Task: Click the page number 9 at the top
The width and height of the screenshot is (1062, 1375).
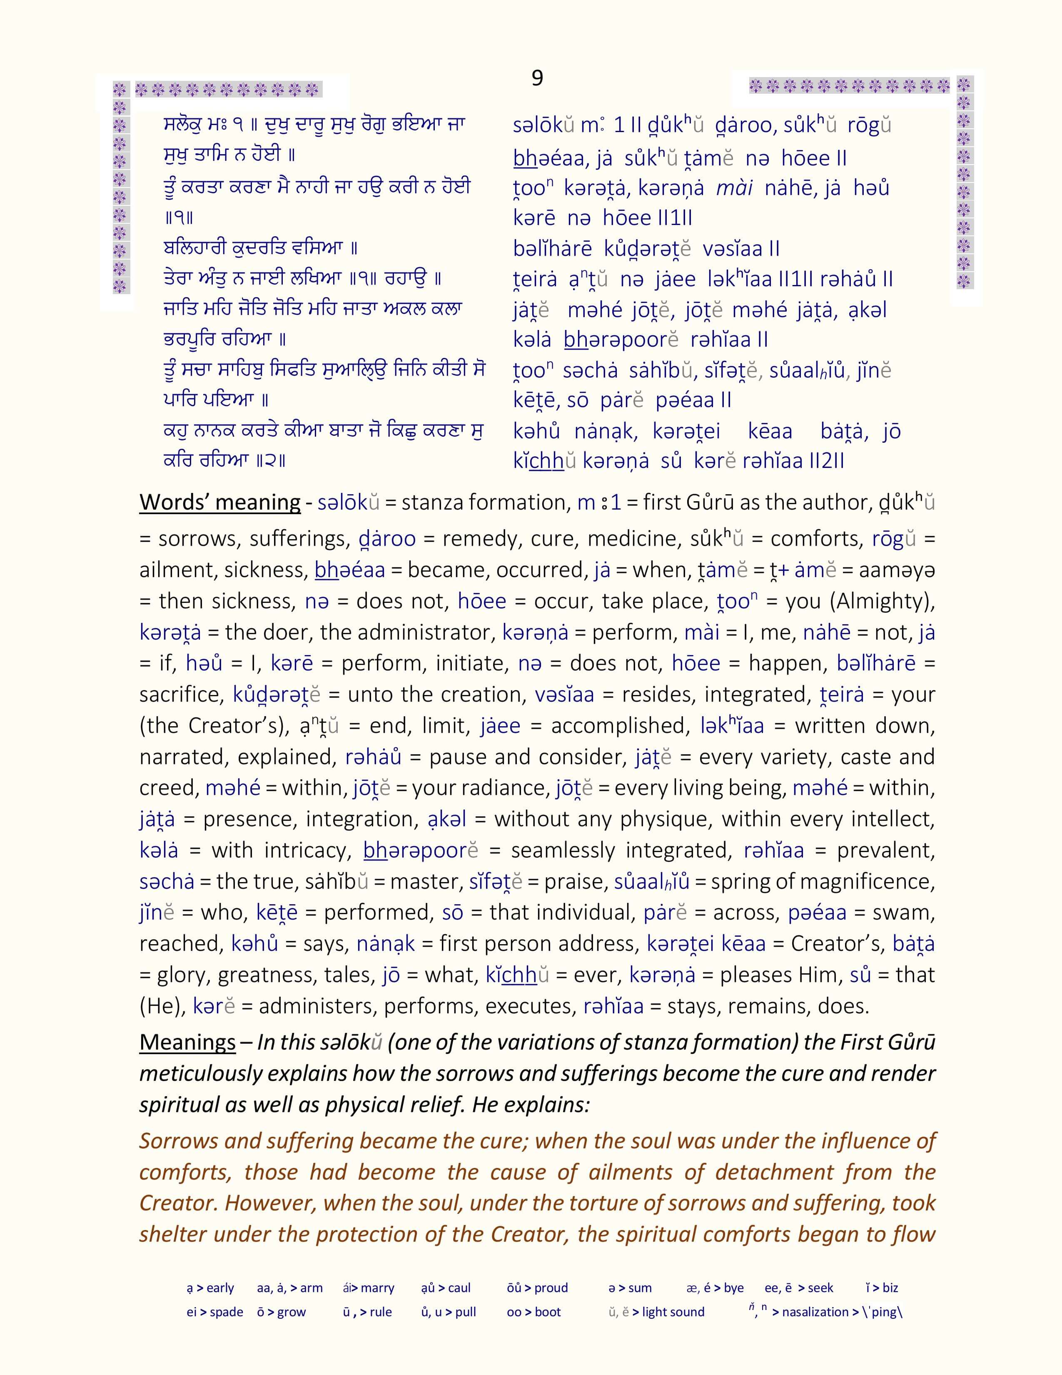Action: click(537, 77)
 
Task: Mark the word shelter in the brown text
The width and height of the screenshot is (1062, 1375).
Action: click(171, 1234)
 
